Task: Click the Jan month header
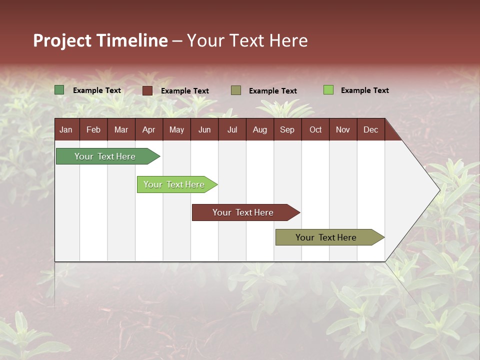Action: (66, 129)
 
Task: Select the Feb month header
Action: (93, 129)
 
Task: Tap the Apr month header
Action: (148, 129)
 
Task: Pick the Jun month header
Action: (204, 129)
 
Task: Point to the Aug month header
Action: (259, 129)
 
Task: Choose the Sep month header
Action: (287, 129)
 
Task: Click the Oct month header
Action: (315, 129)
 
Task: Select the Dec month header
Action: (370, 129)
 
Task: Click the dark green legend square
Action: (59, 90)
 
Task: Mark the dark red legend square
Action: (147, 90)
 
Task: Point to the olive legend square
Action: (236, 90)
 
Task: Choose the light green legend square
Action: (328, 90)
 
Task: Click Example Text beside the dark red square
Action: (185, 91)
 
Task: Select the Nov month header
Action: (343, 129)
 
